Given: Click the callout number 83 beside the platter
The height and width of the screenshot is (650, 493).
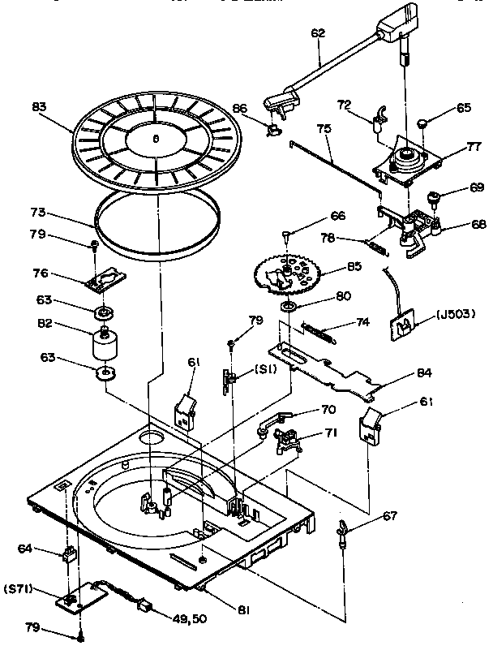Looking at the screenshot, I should click(x=38, y=105).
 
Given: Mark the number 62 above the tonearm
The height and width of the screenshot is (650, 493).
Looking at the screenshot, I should click(x=317, y=35).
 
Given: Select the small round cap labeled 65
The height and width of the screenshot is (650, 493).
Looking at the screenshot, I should click(x=422, y=123).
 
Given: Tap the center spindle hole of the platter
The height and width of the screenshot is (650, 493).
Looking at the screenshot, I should click(x=155, y=138).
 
